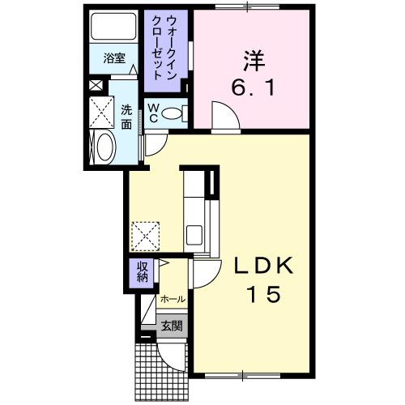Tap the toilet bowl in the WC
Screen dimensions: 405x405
pos(173,113)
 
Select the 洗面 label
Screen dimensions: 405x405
pos(127,117)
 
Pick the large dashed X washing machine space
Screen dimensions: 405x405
pos(103,111)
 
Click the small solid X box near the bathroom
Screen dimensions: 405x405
pos(96,84)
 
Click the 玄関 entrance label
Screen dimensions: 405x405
pos(171,326)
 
